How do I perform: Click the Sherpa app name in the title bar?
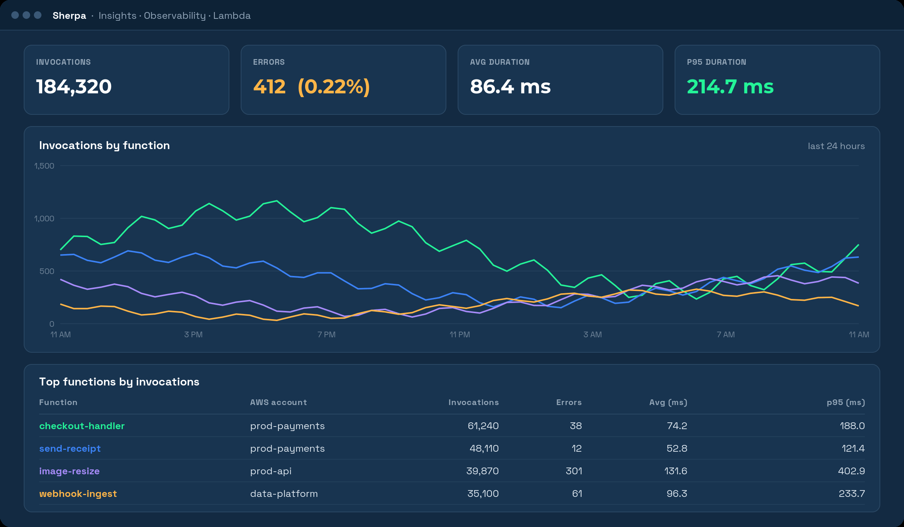69,15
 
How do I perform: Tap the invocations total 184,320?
74,87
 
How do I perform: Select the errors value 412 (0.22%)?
312,87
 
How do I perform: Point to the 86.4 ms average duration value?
510,87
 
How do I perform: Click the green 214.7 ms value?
730,87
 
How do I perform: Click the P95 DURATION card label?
716,62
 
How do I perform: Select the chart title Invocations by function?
104,146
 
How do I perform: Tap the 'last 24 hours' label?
836,146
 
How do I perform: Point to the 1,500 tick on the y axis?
44,166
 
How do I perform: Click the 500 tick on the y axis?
47,271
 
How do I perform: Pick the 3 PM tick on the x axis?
193,335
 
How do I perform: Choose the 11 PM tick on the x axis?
460,335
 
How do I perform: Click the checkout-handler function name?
82,426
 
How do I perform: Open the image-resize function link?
69,471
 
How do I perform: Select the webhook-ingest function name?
78,494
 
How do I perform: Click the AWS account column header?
278,402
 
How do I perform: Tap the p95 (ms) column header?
846,402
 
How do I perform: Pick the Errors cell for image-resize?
574,471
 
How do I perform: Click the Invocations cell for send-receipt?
484,448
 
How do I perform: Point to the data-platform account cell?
284,494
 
